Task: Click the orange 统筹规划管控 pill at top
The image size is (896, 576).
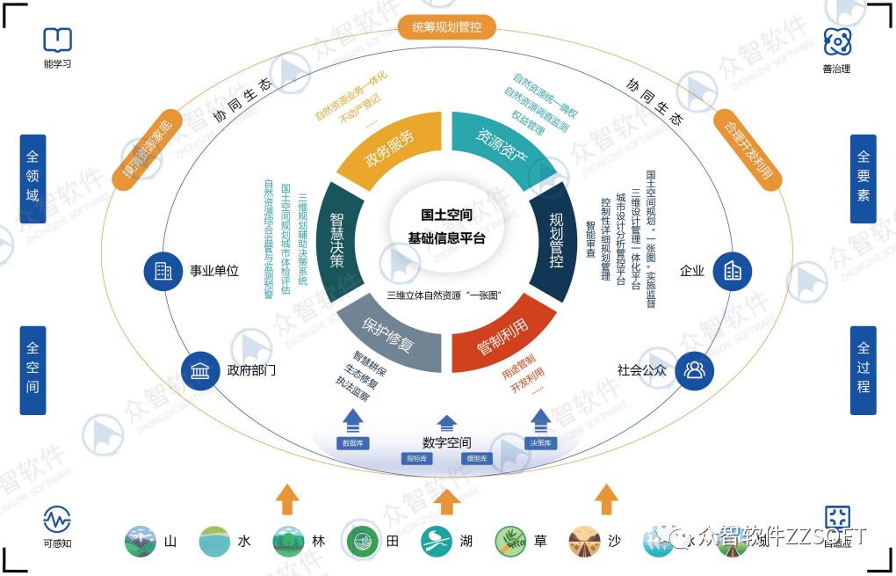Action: tap(447, 27)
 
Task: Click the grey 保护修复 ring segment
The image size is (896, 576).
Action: tap(387, 333)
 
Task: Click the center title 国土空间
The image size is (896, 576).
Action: tap(446, 215)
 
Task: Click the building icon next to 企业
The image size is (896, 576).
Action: tap(732, 271)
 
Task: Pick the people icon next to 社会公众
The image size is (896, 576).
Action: tap(694, 370)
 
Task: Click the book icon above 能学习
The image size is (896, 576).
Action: tap(57, 40)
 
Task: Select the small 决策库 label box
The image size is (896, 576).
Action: tap(540, 443)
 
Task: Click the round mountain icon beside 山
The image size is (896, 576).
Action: tap(141, 541)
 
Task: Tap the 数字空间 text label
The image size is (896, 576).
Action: tap(446, 442)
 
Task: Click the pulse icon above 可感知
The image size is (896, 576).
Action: tap(57, 519)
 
